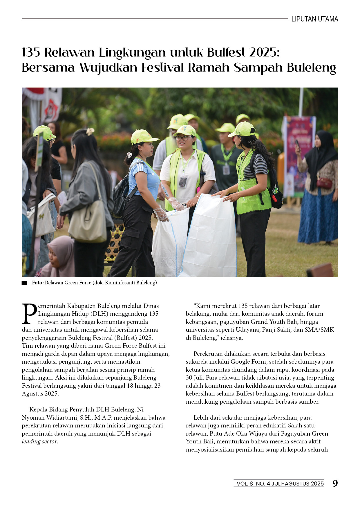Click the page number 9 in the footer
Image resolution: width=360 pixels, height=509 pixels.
click(x=335, y=483)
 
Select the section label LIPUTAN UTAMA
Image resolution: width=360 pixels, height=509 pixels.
click(x=315, y=19)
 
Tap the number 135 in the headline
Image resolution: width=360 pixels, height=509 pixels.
click(x=31, y=53)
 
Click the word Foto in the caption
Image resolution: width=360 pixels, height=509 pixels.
click(x=37, y=283)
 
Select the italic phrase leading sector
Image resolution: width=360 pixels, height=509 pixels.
click(x=40, y=442)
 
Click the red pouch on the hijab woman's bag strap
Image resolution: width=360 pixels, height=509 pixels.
click(x=324, y=183)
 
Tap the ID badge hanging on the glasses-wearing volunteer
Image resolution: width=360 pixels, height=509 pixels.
click(x=183, y=182)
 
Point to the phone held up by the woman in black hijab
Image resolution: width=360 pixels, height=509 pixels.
click(x=297, y=144)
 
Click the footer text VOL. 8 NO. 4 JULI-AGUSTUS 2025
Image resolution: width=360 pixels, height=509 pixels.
click(x=280, y=484)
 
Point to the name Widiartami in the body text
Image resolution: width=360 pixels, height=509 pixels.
click(x=59, y=418)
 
